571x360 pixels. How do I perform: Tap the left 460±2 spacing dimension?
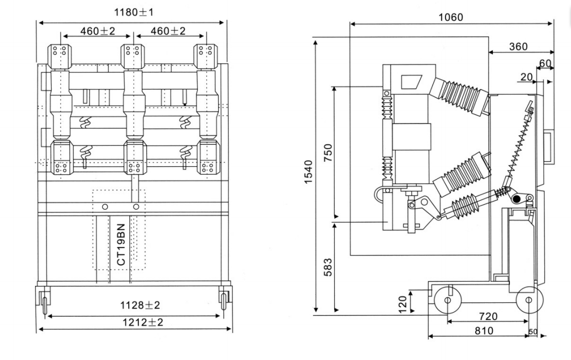[97, 31]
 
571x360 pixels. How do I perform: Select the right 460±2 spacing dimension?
[168, 31]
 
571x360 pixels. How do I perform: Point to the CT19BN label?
[121, 244]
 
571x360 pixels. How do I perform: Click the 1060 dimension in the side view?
[450, 17]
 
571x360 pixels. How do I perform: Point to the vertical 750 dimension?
[328, 154]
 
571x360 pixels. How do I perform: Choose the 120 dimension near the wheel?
[403, 302]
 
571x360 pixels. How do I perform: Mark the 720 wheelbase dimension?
[488, 316]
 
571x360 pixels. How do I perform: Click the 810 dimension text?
[484, 331]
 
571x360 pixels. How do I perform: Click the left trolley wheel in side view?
[447, 300]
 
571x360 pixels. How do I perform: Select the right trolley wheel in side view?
[528, 300]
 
